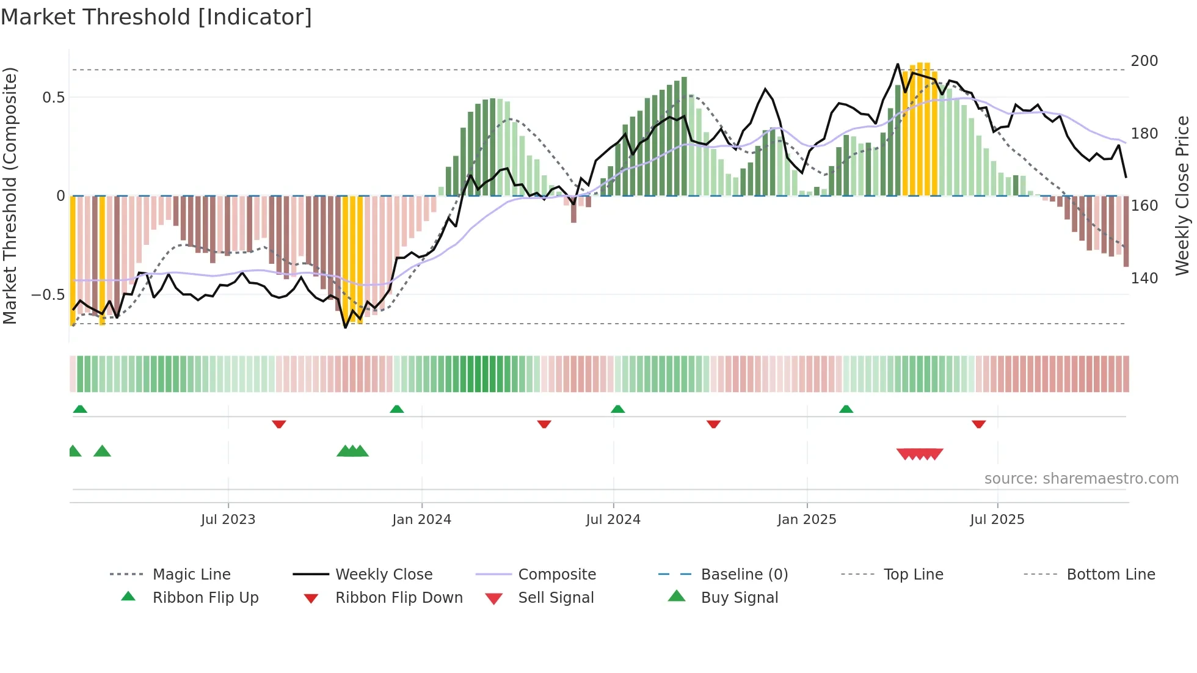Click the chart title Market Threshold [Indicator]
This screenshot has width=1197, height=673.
point(156,17)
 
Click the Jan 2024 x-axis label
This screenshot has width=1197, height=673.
point(421,520)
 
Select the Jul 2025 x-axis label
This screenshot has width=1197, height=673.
point(997,520)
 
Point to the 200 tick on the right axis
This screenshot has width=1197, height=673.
point(1144,61)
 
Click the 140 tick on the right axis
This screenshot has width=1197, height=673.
point(1144,278)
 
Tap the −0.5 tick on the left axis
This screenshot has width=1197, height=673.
point(48,295)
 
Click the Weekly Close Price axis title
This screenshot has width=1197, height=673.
point(1183,195)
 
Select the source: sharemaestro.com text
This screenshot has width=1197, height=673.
point(1081,479)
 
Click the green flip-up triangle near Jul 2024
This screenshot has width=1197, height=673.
point(617,409)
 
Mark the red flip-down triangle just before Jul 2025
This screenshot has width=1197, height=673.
point(978,424)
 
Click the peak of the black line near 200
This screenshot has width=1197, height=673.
point(898,64)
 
